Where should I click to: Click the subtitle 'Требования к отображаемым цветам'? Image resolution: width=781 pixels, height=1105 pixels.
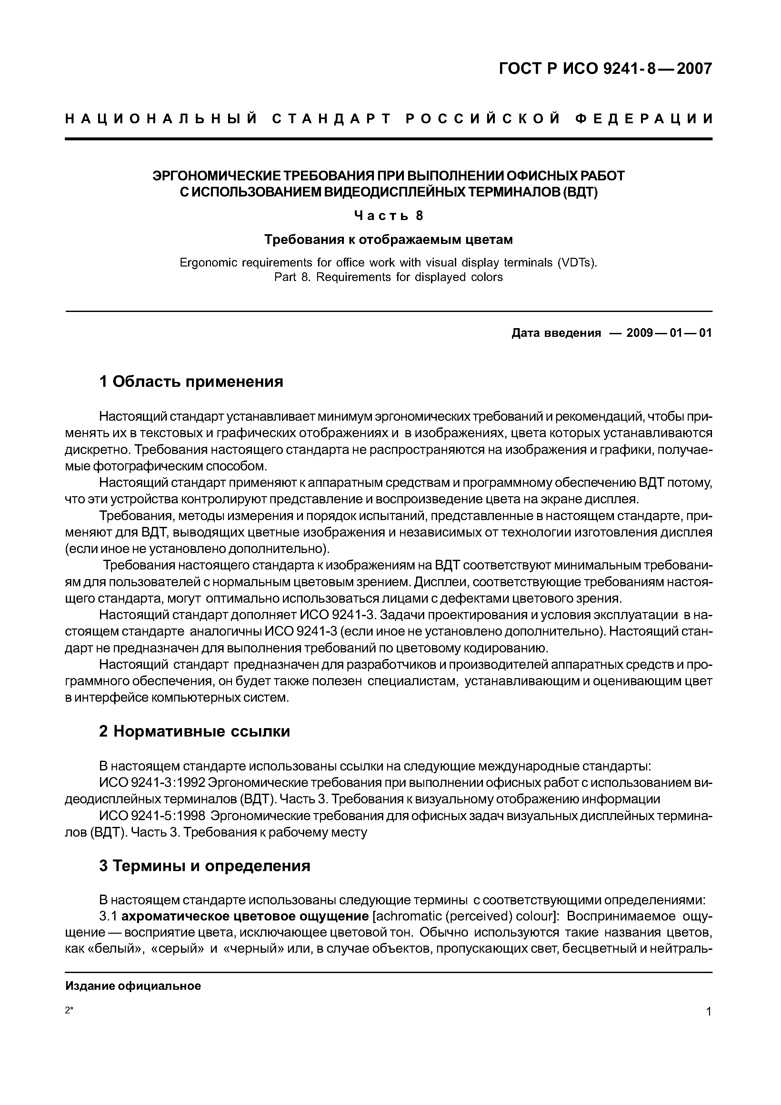pos(388,239)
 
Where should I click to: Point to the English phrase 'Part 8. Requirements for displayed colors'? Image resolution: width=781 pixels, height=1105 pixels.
pos(388,277)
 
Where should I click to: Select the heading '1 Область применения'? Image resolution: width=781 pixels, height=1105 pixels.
pos(191,382)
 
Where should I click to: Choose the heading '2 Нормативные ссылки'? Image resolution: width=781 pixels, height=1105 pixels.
pos(195,731)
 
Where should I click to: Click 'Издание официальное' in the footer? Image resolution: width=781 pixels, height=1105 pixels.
pos(133,986)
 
